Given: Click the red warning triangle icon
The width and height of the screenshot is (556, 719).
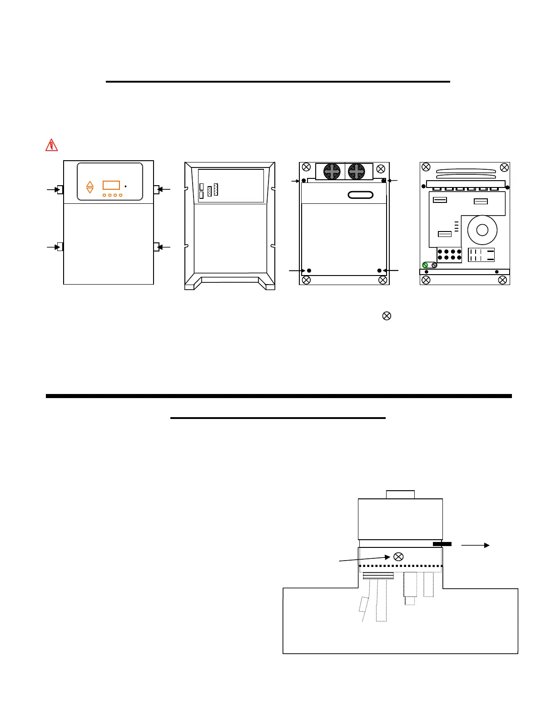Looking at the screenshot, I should click(x=51, y=145).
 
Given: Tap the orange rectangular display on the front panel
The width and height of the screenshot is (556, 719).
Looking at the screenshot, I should click(x=111, y=185).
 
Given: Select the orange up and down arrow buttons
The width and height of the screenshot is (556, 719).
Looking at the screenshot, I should click(x=90, y=187).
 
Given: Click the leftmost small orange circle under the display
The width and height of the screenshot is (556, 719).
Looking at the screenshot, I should click(x=104, y=195).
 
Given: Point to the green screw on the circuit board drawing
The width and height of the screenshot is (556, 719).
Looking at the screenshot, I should click(x=425, y=265).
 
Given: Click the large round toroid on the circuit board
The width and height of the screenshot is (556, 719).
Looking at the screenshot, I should click(x=482, y=230).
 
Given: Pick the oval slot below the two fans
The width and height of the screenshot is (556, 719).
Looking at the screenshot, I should click(x=360, y=195).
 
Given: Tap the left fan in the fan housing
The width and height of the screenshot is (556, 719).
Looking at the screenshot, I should click(x=332, y=172).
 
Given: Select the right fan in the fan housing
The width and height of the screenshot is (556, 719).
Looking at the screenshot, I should click(x=357, y=172).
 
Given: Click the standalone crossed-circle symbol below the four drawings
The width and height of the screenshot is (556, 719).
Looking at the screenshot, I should click(x=387, y=316).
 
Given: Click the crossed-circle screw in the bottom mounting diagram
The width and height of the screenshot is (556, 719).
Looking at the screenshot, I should click(x=398, y=557).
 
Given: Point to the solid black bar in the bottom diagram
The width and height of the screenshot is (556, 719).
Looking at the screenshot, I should click(x=442, y=544).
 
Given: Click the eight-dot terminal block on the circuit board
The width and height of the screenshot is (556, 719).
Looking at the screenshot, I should click(x=450, y=255).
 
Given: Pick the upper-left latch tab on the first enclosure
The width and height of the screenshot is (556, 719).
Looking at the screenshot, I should click(x=60, y=189).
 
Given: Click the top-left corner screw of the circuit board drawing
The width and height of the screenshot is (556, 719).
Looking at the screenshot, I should click(x=426, y=167).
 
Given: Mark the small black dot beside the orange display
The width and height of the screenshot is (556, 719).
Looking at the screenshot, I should click(x=126, y=186).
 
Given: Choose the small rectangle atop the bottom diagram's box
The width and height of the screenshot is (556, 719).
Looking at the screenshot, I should click(x=400, y=494).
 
